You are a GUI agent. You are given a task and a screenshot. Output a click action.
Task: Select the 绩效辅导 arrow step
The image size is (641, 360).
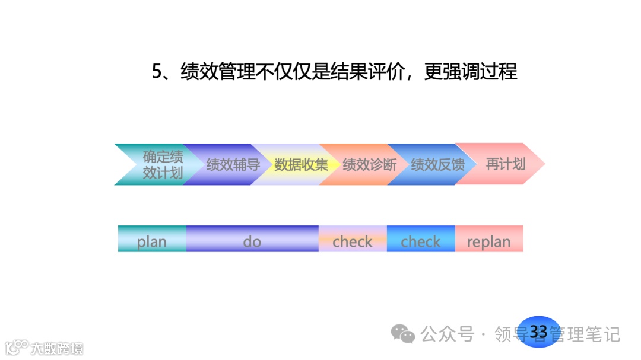click(233, 165)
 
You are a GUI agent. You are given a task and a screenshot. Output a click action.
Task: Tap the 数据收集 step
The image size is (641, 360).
click(301, 165)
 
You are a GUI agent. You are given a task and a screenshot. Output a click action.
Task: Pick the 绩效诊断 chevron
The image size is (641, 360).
click(369, 165)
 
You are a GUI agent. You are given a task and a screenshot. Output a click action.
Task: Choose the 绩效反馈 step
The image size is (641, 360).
click(437, 165)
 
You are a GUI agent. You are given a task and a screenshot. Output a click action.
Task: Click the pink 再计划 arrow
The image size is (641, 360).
click(504, 164)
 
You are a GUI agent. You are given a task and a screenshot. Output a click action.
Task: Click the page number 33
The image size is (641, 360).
click(538, 332)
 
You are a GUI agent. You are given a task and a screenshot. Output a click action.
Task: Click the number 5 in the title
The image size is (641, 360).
click(157, 72)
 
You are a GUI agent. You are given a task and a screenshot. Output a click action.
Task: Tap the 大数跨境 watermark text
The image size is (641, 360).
click(57, 348)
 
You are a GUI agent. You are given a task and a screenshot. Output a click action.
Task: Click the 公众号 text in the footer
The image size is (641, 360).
click(448, 334)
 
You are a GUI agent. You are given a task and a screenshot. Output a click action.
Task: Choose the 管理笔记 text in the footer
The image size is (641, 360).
click(585, 334)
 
